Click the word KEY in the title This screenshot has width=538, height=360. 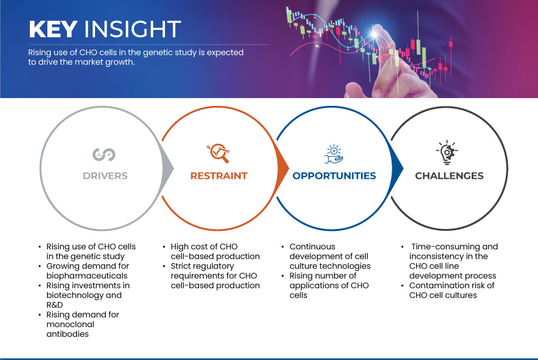(x=53, y=29)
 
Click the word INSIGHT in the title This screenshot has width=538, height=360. (x=133, y=29)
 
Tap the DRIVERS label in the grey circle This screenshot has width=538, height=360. (x=105, y=176)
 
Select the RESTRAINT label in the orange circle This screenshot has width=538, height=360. (x=219, y=176)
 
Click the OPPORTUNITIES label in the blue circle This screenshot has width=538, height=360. (x=334, y=176)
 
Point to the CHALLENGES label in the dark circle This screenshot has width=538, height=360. (x=449, y=176)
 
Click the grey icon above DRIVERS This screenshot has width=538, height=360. (x=104, y=154)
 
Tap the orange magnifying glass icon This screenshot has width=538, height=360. (x=218, y=153)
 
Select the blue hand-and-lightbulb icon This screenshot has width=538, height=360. (x=334, y=154)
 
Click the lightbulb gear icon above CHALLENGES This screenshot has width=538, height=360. (x=447, y=152)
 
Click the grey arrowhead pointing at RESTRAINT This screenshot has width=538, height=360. (x=168, y=168)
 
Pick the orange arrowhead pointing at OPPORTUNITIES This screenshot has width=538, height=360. (x=283, y=168)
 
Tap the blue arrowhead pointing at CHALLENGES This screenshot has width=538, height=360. (x=398, y=168)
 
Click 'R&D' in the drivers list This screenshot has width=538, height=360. (x=54, y=305)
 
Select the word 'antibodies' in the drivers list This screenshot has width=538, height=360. (x=68, y=334)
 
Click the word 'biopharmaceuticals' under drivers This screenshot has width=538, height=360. (x=87, y=276)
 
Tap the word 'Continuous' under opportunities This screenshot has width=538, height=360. (x=312, y=246)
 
